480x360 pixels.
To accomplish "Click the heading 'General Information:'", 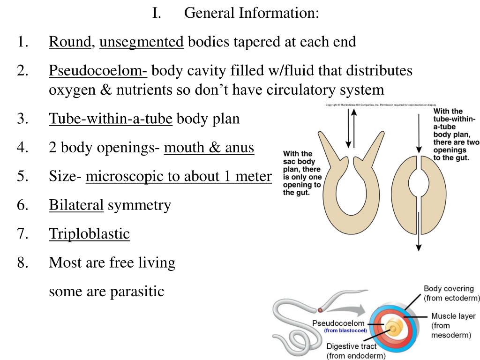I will (251, 13).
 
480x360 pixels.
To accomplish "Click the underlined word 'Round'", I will (70, 42).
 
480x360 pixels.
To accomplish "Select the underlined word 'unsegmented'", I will (142, 42).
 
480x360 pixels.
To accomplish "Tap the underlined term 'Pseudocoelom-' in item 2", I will (98, 71).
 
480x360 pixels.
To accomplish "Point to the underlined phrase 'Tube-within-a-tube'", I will (111, 119).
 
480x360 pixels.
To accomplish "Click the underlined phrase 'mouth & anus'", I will (209, 148).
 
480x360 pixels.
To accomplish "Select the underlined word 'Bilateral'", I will (76, 205).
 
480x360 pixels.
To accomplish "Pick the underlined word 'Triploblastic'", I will (89, 233).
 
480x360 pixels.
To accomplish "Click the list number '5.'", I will (23, 176).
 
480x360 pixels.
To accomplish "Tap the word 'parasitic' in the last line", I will (137, 292).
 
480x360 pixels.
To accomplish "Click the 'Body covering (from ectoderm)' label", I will (451, 293).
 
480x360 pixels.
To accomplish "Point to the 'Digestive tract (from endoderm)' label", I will (356, 351).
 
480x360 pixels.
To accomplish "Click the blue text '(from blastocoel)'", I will (345, 330).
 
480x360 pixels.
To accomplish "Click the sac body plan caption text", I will (302, 173).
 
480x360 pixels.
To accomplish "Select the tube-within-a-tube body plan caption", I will (455, 135).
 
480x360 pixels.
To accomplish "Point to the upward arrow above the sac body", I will (354, 127).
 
